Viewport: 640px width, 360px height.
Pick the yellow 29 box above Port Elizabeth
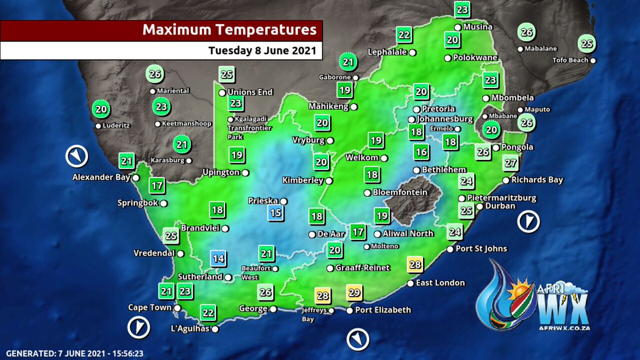(355, 292)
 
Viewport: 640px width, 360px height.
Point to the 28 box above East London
(415, 265)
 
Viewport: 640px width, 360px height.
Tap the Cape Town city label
(150, 308)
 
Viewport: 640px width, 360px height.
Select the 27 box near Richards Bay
(510, 163)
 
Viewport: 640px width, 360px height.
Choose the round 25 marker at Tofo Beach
(587, 44)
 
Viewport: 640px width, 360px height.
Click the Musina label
(477, 27)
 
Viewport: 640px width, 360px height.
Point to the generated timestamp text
(75, 353)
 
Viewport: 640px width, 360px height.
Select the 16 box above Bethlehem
(421, 153)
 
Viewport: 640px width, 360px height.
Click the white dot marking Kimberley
(329, 181)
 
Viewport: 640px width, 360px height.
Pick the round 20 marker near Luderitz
(100, 109)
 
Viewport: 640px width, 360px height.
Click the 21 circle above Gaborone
(348, 62)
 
